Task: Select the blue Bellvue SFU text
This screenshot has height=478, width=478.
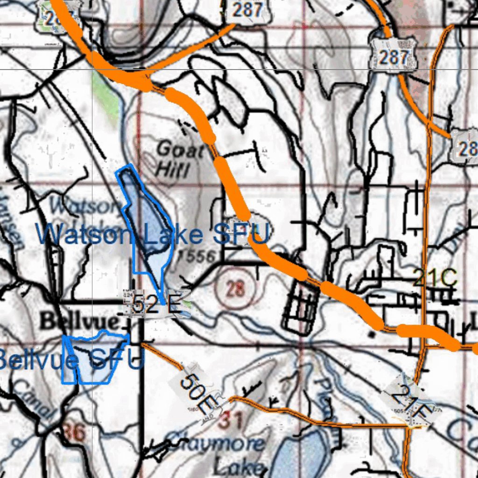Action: (70, 360)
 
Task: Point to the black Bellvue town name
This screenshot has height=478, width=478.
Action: (79, 322)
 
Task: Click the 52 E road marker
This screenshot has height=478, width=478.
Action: (156, 305)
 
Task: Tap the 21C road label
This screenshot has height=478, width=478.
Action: (436, 279)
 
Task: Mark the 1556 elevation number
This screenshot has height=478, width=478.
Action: (197, 256)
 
